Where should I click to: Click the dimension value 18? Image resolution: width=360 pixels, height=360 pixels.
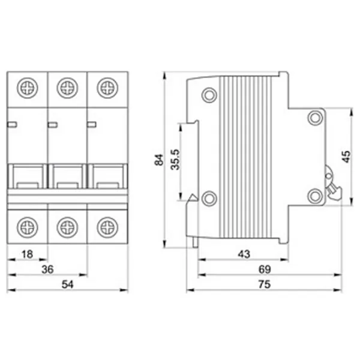pos(28,254)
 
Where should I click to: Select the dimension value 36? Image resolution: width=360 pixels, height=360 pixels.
pos(47,269)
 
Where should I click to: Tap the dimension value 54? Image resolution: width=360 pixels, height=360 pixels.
pos(67,284)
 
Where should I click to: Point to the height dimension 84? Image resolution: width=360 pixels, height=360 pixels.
pos(159,160)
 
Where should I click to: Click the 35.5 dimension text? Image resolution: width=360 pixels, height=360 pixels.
pos(175,160)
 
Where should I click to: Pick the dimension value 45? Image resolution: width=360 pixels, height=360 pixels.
pos(346,157)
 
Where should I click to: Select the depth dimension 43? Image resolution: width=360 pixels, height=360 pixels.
pos(244,254)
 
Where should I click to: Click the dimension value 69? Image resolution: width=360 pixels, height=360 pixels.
pos(265,269)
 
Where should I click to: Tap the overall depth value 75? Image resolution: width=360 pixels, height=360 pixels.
pos(265,284)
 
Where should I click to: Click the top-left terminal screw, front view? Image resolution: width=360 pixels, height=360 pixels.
pos(28,88)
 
